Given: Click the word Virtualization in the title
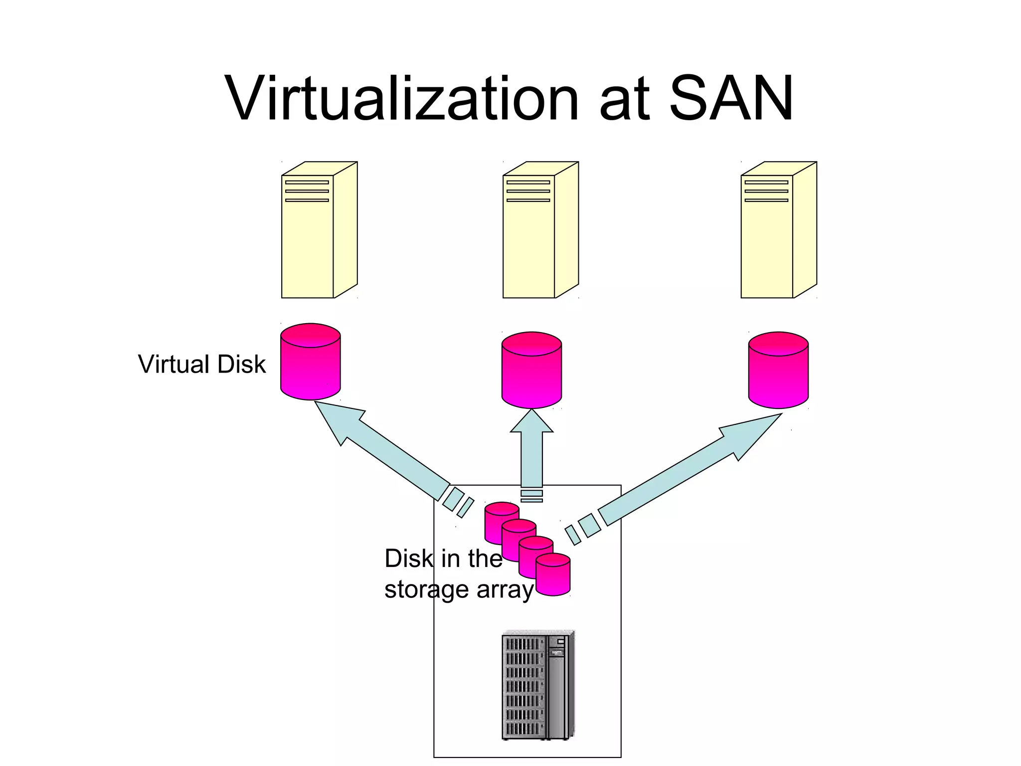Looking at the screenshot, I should point(401,98).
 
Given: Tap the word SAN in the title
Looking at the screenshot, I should point(730,98).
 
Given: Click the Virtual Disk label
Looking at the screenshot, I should point(201,364).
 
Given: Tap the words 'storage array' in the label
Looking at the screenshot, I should point(459,590).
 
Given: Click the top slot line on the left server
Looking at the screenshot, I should point(307,183).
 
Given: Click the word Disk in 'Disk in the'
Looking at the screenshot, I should point(409,559).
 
